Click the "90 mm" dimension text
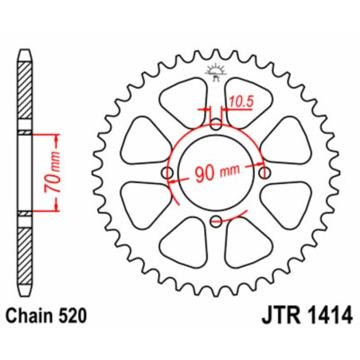pyautogui.click(x=216, y=174)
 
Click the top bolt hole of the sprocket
pyautogui.click(x=217, y=125)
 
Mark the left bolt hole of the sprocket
pyautogui.click(x=167, y=174)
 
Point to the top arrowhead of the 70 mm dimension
pyautogui.click(x=55, y=132)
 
